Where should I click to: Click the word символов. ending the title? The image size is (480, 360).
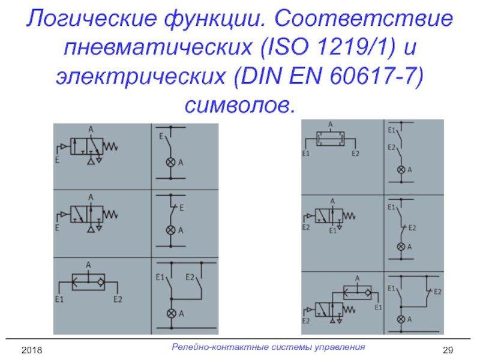coord(240,104)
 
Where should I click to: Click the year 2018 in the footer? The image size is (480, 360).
coord(33,349)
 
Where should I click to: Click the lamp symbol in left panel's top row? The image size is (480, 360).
coord(170,163)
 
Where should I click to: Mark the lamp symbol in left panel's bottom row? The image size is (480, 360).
coord(170,313)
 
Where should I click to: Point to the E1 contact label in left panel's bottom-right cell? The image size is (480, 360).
coord(160,277)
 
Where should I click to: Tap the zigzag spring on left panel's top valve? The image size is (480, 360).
coord(112,146)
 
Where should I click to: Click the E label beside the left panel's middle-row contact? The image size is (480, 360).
coord(181,207)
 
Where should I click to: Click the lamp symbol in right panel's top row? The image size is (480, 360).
coord(401,170)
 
